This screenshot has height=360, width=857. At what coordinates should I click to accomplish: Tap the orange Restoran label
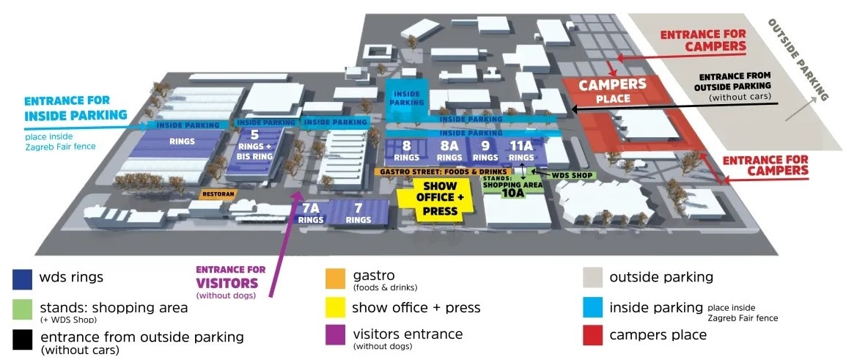pyautogui.click(x=218, y=194)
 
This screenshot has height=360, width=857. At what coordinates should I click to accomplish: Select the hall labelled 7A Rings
pyautogui.click(x=310, y=213)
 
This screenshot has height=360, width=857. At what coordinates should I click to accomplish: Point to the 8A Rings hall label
pyautogui.click(x=449, y=151)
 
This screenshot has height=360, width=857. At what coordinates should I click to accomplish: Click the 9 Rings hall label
pyautogui.click(x=485, y=151)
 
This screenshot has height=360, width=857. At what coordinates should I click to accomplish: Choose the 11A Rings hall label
pyautogui.click(x=521, y=151)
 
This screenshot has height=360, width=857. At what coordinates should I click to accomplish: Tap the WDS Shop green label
pyautogui.click(x=573, y=175)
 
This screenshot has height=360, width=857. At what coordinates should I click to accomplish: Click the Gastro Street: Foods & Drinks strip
pyautogui.click(x=443, y=172)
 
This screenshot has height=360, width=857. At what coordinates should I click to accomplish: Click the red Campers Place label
pyautogui.click(x=612, y=91)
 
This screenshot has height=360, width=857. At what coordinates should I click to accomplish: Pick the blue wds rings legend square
pyautogui.click(x=21, y=279)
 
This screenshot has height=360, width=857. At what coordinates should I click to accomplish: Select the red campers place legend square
pyautogui.click(x=592, y=335)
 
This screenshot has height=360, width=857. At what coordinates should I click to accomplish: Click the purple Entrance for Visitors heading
pyautogui.click(x=231, y=277)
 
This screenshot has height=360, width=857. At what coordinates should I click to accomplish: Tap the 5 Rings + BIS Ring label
pyautogui.click(x=254, y=144)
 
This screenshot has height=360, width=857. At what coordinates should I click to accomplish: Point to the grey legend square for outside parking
pyautogui.click(x=592, y=277)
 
